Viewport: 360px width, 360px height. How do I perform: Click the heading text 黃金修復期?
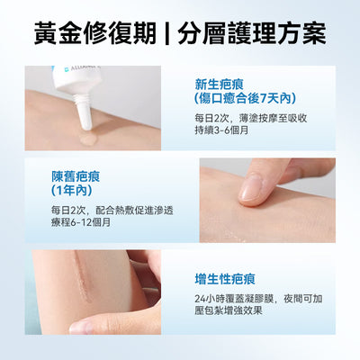[x=95, y=32]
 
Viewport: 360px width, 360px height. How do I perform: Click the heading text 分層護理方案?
[x=252, y=32]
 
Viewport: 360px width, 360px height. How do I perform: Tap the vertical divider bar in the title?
[x=167, y=33]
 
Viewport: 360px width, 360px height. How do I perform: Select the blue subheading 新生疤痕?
[x=219, y=85]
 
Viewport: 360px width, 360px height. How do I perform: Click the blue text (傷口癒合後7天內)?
[x=245, y=98]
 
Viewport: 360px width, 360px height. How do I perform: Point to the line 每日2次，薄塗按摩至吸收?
[x=251, y=118]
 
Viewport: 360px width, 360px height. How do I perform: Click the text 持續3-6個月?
[x=221, y=130]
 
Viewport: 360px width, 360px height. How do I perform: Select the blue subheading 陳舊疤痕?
[x=76, y=176]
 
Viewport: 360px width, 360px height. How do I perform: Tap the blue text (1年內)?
[x=71, y=191]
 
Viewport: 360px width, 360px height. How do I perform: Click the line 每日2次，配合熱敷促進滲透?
[x=112, y=211]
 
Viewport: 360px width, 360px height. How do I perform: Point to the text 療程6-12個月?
[x=81, y=222]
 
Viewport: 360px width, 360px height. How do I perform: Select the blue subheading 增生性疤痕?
[x=225, y=279]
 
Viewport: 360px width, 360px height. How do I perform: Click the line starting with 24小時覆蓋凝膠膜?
[x=258, y=299]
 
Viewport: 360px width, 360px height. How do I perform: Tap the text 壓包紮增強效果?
[x=229, y=310]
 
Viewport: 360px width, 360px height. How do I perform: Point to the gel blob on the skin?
[x=87, y=139]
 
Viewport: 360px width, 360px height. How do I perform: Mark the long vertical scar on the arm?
[x=83, y=277]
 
